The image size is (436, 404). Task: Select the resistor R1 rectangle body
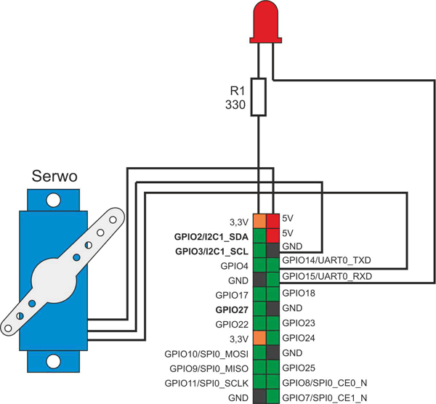pyautogui.click(x=258, y=97)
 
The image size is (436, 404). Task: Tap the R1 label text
pyautogui.click(x=238, y=92)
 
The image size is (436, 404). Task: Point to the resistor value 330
pyautogui.click(x=238, y=106)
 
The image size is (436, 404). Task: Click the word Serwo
pyautogui.click(x=55, y=177)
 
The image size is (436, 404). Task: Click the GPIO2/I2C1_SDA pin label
pyautogui.click(x=211, y=237)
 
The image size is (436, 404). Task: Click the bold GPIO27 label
pyautogui.click(x=232, y=310)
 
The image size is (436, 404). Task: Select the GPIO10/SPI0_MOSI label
pyautogui.click(x=207, y=354)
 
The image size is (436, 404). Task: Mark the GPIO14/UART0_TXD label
pyautogui.click(x=326, y=260)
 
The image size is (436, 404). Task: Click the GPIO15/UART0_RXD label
pyautogui.click(x=326, y=277)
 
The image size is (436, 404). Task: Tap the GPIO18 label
pyautogui.click(x=299, y=293)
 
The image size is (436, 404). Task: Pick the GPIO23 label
pyautogui.click(x=299, y=323)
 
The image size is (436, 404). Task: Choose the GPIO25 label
pyautogui.click(x=299, y=368)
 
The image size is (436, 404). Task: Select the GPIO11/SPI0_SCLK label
pyautogui.click(x=207, y=383)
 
